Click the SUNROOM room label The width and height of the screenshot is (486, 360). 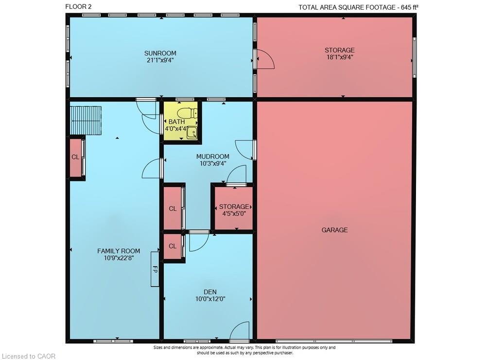160,53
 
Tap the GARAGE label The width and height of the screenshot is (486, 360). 334,230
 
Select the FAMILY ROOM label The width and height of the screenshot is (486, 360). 119,251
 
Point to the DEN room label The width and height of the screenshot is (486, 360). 210,292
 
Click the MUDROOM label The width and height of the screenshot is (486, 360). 213,156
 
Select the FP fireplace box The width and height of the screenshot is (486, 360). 155,269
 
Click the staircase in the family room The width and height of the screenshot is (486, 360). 86,120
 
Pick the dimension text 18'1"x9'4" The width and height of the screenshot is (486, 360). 339,57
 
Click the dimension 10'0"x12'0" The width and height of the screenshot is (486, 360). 210,299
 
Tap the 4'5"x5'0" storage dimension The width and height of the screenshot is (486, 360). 234,213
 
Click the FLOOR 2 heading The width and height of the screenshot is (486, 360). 78,7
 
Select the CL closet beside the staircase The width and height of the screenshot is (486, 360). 75,157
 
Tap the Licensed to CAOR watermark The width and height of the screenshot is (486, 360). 29,356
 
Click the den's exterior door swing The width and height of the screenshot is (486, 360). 239,330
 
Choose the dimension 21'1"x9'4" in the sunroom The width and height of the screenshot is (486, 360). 160,60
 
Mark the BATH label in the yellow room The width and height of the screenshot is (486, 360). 177,122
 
